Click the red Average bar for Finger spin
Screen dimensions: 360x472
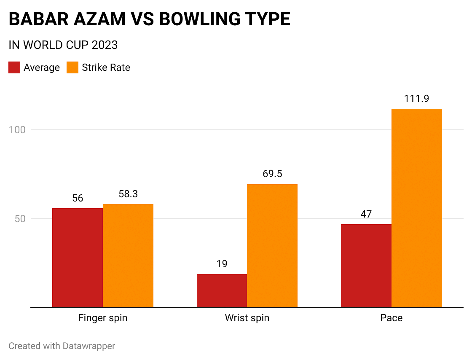[78, 258]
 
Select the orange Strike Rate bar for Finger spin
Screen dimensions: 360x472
[128, 255]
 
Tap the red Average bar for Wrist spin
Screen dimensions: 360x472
[222, 290]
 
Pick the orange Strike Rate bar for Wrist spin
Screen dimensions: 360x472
[272, 246]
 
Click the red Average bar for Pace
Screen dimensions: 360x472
[366, 266]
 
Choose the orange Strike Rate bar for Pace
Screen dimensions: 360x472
[417, 208]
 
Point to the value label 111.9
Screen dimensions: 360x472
[416, 99]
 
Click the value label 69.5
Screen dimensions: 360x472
[272, 175]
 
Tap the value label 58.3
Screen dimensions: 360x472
[128, 194]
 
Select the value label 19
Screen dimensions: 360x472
[222, 264]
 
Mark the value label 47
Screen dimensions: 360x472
[366, 214]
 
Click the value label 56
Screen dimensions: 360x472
[78, 199]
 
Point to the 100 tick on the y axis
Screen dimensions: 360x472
[17, 130]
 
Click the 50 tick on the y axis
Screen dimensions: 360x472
[20, 219]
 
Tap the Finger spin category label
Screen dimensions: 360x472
[103, 318]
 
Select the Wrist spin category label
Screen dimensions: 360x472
[247, 318]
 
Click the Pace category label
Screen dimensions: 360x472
[392, 318]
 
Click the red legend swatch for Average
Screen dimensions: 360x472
[14, 67]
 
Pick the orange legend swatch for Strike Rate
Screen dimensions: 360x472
[72, 67]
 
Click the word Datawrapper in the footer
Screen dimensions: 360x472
[89, 346]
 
